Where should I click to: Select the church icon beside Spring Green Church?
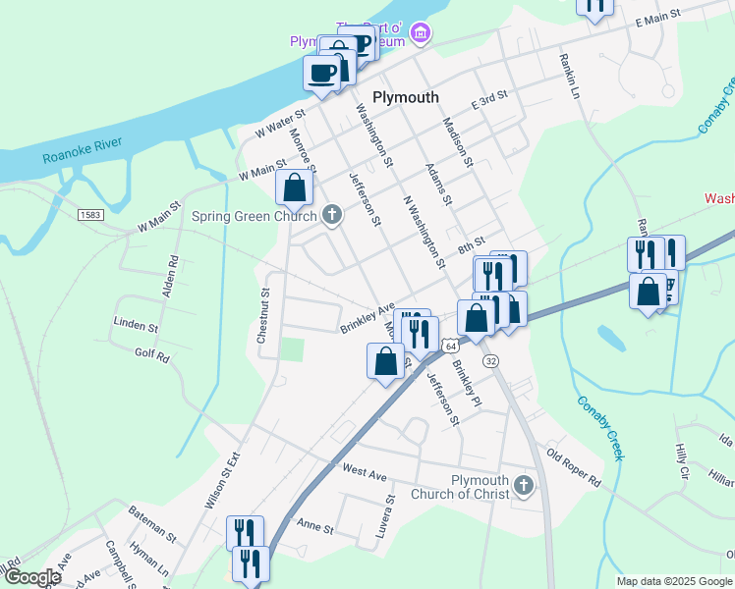click(x=332, y=215)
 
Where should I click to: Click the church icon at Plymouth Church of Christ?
click(x=524, y=485)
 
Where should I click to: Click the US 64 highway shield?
click(x=449, y=347)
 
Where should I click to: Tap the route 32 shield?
click(x=490, y=360)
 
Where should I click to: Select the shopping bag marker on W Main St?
click(x=294, y=187)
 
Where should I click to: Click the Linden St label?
click(x=136, y=324)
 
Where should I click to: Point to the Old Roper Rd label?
click(x=574, y=468)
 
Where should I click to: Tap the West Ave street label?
click(x=365, y=471)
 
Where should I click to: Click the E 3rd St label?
click(x=488, y=99)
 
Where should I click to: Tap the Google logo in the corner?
click(x=32, y=578)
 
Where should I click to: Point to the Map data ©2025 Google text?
click(x=674, y=581)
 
